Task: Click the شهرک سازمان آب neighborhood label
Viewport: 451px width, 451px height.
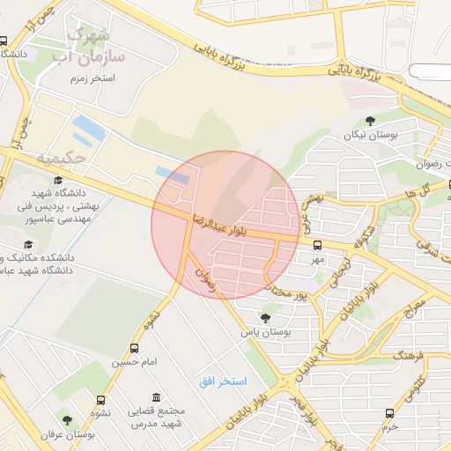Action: [93, 46]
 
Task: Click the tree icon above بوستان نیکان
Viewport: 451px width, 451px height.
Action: [370, 121]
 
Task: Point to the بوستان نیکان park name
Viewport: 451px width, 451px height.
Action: [371, 135]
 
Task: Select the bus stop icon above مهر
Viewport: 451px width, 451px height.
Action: [317, 246]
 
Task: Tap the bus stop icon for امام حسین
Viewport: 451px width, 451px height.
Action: [135, 349]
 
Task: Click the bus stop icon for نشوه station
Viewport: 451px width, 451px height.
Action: [100, 400]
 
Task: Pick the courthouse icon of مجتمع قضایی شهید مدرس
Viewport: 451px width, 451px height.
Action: [157, 397]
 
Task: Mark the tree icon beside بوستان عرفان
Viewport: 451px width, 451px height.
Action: [67, 421]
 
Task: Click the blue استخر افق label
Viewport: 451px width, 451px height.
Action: [222, 381]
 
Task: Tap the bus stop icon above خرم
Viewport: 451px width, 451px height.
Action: [389, 411]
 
